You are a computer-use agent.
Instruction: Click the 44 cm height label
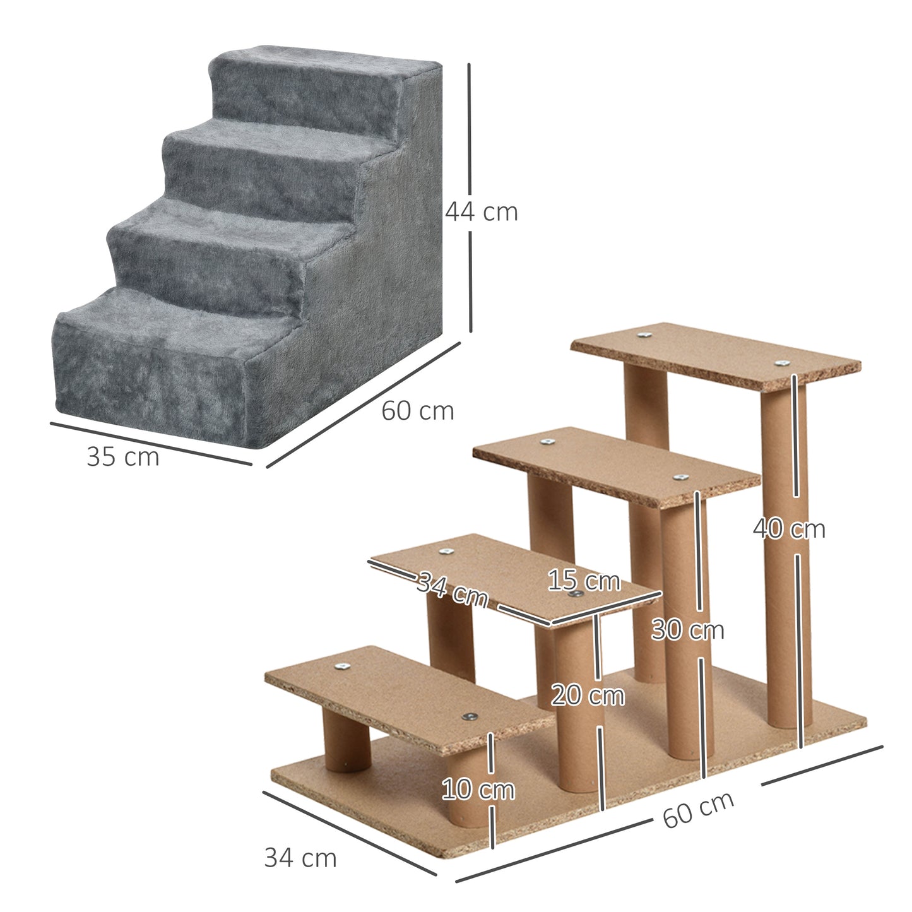pyautogui.click(x=482, y=212)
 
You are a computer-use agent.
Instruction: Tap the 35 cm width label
pyautogui.click(x=123, y=457)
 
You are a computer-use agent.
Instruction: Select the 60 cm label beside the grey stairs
pyautogui.click(x=417, y=411)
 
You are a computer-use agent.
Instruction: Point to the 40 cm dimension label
pyautogui.click(x=789, y=529)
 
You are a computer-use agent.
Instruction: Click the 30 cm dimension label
pyautogui.click(x=687, y=630)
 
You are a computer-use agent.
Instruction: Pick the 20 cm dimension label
pyautogui.click(x=588, y=696)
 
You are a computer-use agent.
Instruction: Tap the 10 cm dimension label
pyautogui.click(x=478, y=790)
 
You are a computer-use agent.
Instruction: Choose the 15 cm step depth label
pyautogui.click(x=583, y=581)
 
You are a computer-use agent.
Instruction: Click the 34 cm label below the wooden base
pyautogui.click(x=300, y=858)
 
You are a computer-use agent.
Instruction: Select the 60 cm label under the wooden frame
pyautogui.click(x=698, y=809)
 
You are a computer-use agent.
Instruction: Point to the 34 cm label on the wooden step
pyautogui.click(x=453, y=588)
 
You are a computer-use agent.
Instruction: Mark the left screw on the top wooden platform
pyautogui.click(x=644, y=336)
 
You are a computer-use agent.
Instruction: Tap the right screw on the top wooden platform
pyautogui.click(x=782, y=364)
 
